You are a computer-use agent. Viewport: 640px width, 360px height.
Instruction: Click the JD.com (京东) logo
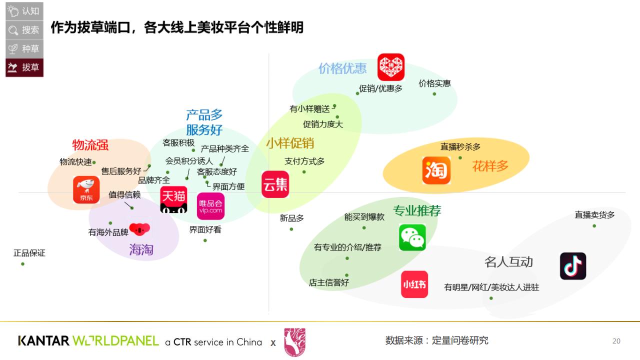(x=86, y=189)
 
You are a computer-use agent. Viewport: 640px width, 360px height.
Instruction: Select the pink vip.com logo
(x=210, y=206)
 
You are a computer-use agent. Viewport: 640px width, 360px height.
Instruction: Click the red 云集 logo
(x=275, y=184)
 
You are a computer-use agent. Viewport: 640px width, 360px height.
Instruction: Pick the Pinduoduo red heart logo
(x=390, y=67)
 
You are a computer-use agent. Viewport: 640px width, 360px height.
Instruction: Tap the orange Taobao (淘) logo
(x=436, y=170)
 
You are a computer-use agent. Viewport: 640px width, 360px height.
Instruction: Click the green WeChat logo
(x=412, y=237)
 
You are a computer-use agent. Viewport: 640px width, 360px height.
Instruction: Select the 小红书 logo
(x=414, y=284)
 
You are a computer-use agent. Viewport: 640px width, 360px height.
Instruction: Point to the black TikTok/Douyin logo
(x=573, y=266)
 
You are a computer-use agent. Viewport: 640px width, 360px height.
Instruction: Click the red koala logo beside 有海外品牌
(x=139, y=229)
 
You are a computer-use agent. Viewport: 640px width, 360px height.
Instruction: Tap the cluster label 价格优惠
(x=342, y=68)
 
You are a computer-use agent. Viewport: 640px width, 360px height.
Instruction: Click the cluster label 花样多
(x=490, y=166)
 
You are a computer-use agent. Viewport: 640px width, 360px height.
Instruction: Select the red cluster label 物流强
(x=90, y=145)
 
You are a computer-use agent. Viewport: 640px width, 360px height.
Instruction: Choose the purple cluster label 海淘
(x=141, y=249)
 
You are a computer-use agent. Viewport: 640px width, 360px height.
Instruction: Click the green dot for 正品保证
(x=22, y=264)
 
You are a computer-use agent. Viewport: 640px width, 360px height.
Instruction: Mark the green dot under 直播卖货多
(x=594, y=226)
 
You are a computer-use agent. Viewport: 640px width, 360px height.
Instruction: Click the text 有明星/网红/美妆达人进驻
(x=491, y=287)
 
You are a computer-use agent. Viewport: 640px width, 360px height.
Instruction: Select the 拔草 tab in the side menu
(x=24, y=67)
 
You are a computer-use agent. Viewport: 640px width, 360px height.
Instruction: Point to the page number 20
(x=616, y=341)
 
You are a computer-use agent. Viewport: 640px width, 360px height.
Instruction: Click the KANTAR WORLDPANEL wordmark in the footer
(x=88, y=341)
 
